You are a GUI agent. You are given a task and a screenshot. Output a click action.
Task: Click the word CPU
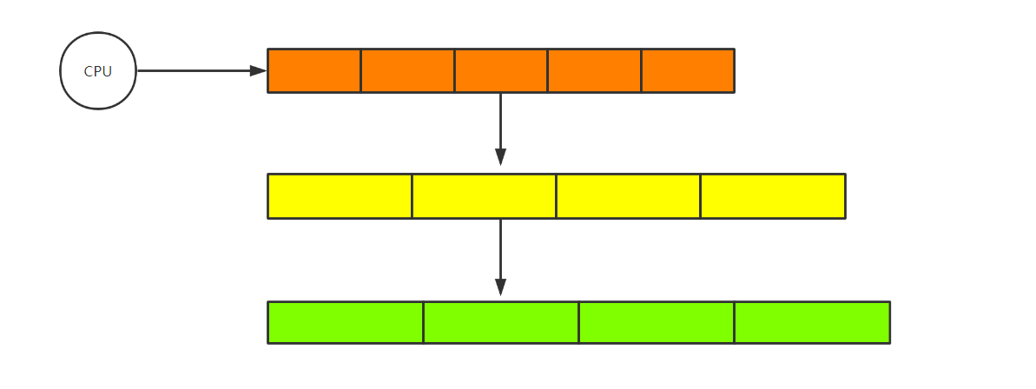98,72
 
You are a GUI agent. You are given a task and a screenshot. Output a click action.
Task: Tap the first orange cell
314,71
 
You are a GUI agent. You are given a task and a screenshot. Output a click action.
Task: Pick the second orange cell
407,71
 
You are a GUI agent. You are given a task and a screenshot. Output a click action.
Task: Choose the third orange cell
501,71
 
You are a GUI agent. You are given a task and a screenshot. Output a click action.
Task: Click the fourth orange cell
595,71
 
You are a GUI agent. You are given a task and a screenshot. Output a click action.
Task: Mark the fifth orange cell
688,71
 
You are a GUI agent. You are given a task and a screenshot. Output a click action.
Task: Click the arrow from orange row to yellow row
500,126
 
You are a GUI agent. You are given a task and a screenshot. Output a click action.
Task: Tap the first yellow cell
340,196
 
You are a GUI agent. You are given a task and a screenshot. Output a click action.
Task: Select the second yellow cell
484,196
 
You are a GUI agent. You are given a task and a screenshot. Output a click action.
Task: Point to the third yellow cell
628,196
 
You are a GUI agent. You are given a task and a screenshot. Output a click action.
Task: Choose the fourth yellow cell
772,196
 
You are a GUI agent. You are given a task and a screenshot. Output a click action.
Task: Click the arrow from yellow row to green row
500,254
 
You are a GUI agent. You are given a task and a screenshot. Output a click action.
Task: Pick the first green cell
346,322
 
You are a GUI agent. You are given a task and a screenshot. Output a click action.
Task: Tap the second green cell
501,322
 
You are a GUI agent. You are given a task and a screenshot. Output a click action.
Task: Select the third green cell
657,322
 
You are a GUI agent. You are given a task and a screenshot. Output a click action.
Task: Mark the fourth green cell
812,322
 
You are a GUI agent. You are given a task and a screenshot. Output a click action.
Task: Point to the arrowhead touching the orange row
259,71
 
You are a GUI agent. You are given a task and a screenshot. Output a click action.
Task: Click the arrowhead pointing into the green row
500,287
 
